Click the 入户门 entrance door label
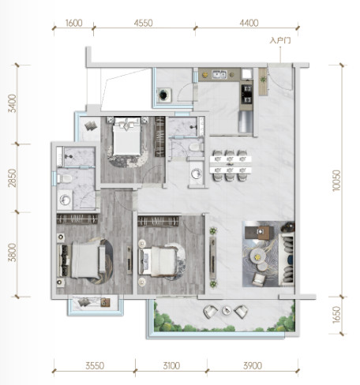point(280,41)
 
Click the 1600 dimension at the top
point(73,23)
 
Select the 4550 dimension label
point(143,23)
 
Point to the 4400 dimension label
point(249,23)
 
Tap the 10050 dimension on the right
point(336,181)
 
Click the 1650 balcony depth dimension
point(336,315)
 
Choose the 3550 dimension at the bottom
point(95,366)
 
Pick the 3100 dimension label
point(171,366)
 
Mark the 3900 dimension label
point(253,366)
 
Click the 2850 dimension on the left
point(12,178)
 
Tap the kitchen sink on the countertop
point(219,74)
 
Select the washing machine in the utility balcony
point(164,95)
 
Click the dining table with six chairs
point(231,165)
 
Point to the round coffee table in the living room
point(257,256)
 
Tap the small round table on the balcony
point(226,311)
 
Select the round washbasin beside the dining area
point(196,174)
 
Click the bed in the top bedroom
point(127,136)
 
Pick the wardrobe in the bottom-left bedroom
point(77,219)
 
